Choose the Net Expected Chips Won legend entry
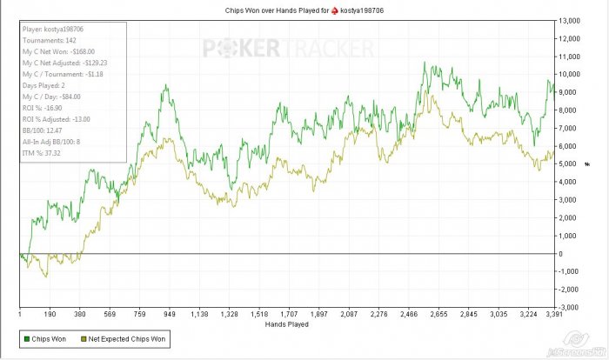[x=125, y=337]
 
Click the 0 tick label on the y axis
[x=565, y=254]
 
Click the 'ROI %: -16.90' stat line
[x=45, y=109]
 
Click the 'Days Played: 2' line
[x=49, y=87]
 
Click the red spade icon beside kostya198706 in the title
[x=333, y=10]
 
